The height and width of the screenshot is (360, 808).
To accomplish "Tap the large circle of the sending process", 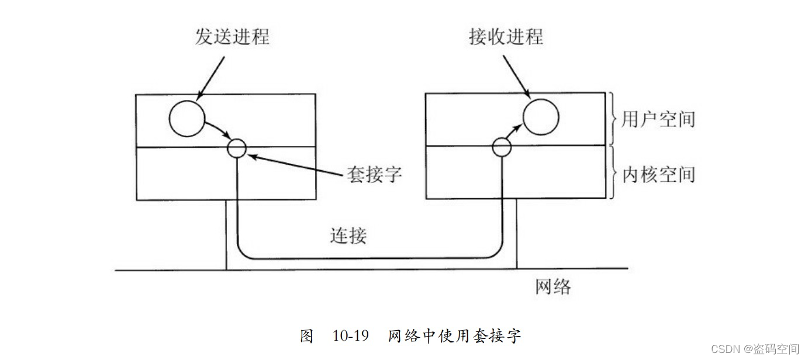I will click(187, 118).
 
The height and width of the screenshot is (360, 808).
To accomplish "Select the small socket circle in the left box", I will click(237, 148).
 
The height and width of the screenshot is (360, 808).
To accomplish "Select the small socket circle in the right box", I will click(502, 147).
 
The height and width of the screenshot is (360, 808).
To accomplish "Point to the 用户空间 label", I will click(658, 119).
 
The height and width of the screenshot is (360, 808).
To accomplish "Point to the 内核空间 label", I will click(658, 174).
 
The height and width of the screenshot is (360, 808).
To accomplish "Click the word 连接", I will click(348, 236).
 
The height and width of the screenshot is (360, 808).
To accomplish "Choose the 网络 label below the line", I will click(553, 286).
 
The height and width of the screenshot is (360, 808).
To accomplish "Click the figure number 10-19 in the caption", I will click(351, 336).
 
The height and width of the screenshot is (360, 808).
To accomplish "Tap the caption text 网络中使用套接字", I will click(454, 336).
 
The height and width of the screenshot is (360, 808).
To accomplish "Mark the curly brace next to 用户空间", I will click(612, 119).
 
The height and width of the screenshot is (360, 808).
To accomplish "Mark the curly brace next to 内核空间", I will click(612, 173).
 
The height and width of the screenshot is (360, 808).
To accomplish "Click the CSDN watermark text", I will click(755, 349).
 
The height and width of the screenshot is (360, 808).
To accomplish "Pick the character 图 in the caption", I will click(308, 336).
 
